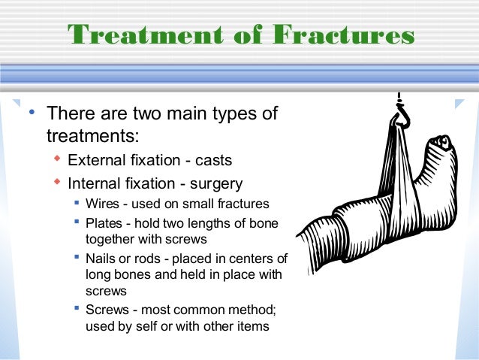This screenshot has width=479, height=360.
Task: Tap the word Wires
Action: click(x=102, y=204)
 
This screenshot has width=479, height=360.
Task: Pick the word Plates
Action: click(x=104, y=223)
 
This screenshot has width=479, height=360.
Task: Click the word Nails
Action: click(x=101, y=259)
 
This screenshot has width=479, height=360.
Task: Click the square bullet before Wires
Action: click(x=78, y=203)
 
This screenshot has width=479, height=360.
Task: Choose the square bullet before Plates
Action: click(x=78, y=222)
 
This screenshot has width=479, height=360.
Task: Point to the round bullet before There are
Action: click(x=31, y=113)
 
